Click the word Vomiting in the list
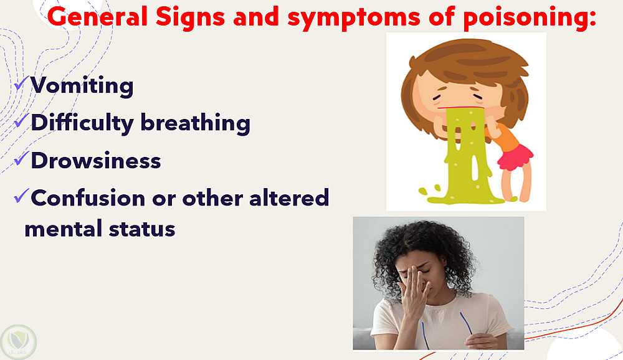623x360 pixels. [x=82, y=85]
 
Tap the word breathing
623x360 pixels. [x=196, y=122]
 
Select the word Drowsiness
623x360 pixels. [x=96, y=160]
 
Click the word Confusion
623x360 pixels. [x=88, y=197]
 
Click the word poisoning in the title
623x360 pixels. [x=529, y=17]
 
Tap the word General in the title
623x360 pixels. [x=97, y=17]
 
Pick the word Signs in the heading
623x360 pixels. [x=190, y=18]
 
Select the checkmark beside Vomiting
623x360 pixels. [x=21, y=84]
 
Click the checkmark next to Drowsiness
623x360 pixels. [x=21, y=159]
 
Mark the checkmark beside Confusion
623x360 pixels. [x=21, y=196]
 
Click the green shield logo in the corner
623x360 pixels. [x=18, y=341]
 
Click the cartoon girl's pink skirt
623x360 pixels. [x=515, y=158]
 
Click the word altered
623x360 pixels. [x=289, y=197]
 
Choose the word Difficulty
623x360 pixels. [x=82, y=122]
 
